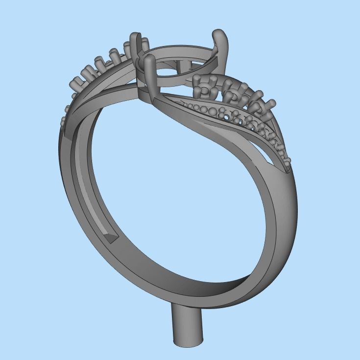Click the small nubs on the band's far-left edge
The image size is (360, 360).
(x=64, y=120)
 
